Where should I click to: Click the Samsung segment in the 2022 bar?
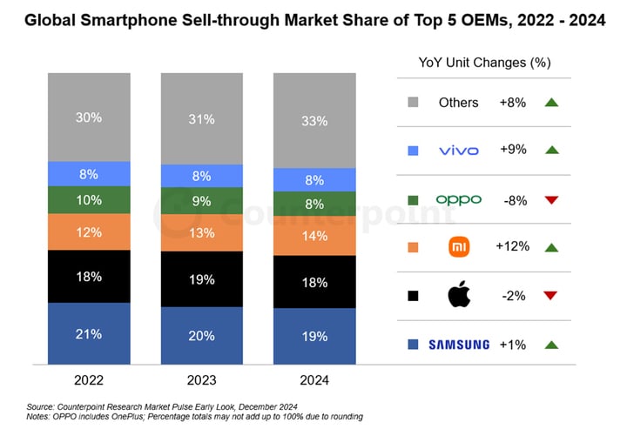coord(89,333)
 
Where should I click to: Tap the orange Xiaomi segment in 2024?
coord(314,235)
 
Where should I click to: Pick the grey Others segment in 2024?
coord(314,120)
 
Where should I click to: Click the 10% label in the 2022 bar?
coord(89,200)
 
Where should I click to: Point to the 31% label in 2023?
coord(202,119)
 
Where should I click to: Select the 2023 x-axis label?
coord(202,379)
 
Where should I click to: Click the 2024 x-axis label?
coord(314,379)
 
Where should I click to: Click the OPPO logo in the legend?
coord(458,199)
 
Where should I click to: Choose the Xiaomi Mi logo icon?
coord(458,247)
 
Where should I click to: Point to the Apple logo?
coord(458,295)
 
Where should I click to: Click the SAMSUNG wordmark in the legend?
coord(458,345)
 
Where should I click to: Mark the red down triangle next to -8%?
coord(550,199)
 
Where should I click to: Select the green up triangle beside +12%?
coord(550,247)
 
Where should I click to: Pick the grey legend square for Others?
coord(412,103)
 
